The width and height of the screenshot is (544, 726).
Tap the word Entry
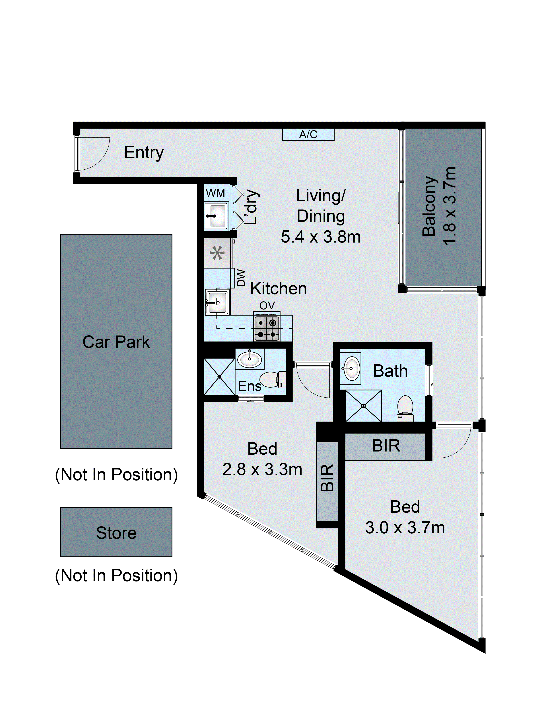tap(144, 153)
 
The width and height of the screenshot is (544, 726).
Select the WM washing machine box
tap(215, 193)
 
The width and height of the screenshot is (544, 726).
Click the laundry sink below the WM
tap(216, 215)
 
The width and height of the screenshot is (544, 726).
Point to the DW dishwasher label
tap(241, 278)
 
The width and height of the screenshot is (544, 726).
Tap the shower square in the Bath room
tap(364, 406)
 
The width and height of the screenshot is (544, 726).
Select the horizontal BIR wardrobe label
tap(386, 446)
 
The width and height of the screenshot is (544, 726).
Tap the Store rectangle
tap(116, 533)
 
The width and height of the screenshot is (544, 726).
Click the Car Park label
tap(116, 342)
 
